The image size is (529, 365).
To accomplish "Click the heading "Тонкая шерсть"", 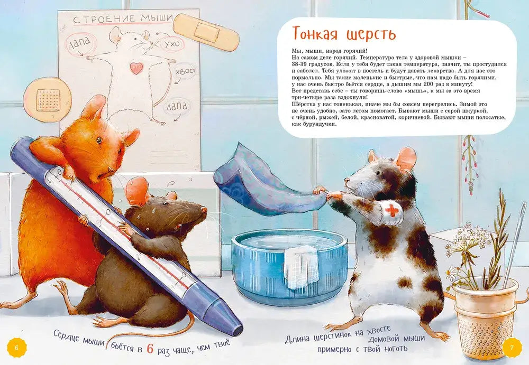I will [344, 34].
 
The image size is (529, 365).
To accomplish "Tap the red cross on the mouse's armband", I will [391, 210].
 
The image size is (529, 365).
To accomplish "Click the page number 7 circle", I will [512, 347].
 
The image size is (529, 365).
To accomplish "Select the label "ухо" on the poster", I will [172, 44].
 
